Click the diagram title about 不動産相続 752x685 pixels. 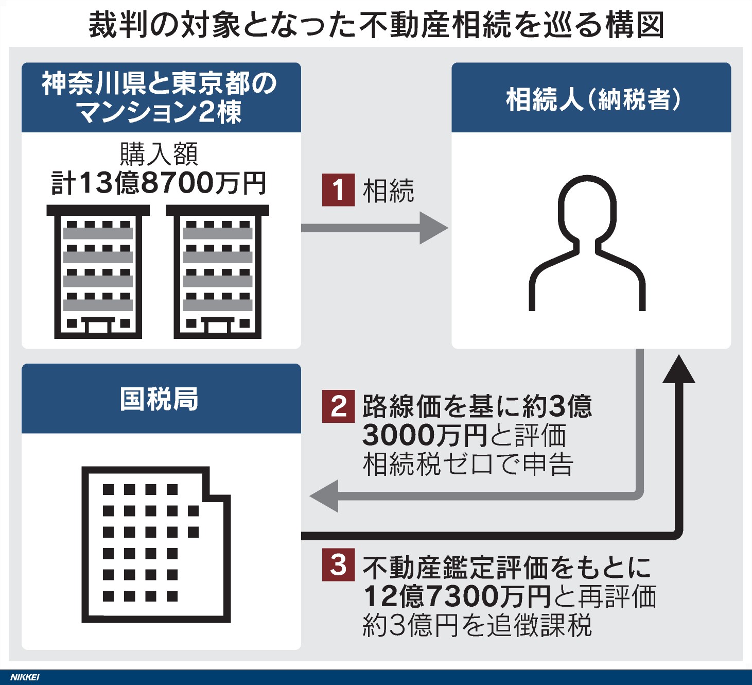pyautogui.click(x=376, y=24)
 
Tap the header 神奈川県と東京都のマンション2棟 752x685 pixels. pyautogui.click(x=161, y=97)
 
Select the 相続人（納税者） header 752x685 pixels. pyautogui.click(x=591, y=99)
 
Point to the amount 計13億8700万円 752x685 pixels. pyautogui.click(x=159, y=183)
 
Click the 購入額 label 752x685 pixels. pyautogui.click(x=159, y=153)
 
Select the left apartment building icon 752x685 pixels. pyautogui.click(x=98, y=271)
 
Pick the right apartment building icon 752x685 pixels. pyautogui.click(x=217, y=271)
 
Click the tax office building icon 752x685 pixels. pyautogui.click(x=155, y=544)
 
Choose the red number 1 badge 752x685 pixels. pyautogui.click(x=338, y=190)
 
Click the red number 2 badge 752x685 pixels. pyautogui.click(x=338, y=406)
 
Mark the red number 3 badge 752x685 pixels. pyautogui.click(x=338, y=565)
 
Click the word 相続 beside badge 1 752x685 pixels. pyautogui.click(x=388, y=191)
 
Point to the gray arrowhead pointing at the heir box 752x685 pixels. pyautogui.click(x=433, y=228)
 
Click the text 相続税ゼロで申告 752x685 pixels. pyautogui.click(x=467, y=464)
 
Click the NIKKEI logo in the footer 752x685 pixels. pyautogui.click(x=25, y=677)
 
